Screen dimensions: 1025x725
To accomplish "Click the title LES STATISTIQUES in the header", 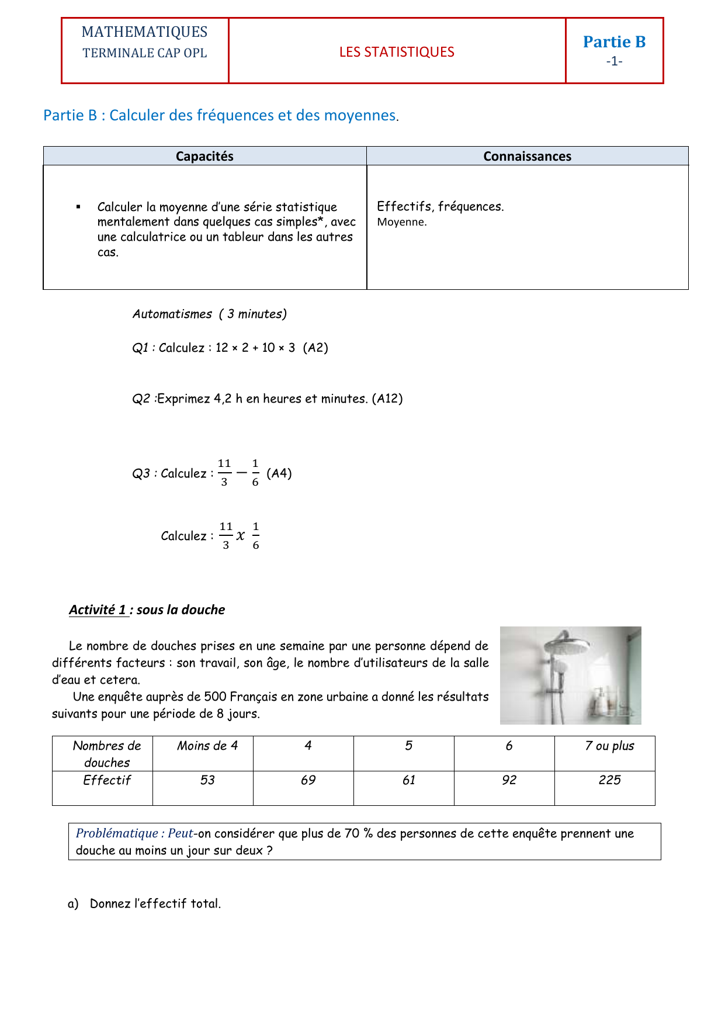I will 397,52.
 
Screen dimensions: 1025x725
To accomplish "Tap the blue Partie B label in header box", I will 614,42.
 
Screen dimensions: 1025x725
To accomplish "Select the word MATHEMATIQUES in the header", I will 144,32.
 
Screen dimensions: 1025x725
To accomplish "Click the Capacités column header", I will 204,156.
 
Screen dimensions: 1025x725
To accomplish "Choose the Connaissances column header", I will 527,156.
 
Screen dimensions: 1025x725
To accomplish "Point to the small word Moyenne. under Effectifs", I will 402,222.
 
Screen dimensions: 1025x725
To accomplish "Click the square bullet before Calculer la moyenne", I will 78,207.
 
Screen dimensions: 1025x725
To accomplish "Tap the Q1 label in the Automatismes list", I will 140,348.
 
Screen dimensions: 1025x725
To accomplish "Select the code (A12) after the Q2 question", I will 387,399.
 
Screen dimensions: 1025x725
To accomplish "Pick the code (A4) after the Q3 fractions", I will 279,473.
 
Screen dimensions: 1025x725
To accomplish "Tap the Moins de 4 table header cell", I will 207,746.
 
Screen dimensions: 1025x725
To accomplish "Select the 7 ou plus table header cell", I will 609,746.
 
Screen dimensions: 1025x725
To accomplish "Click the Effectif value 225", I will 609,780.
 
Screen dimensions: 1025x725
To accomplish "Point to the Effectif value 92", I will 509,780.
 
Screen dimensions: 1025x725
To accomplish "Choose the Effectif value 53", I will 207,780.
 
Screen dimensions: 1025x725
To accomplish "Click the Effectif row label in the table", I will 107,780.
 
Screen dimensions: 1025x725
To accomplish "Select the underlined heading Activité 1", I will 98,610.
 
